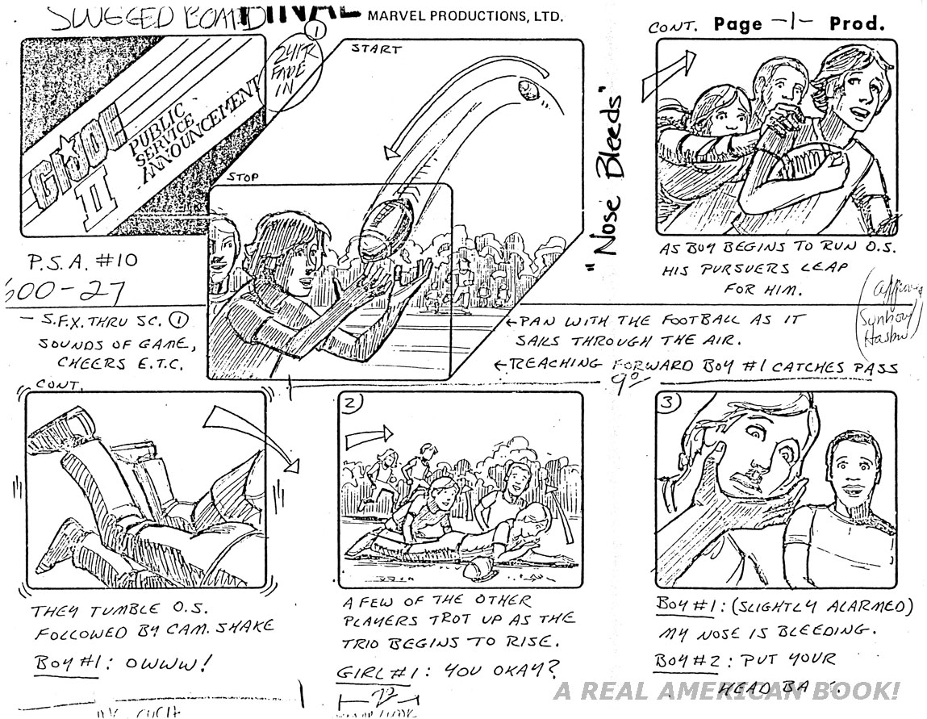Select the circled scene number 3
[x=667, y=404]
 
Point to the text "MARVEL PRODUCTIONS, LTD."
[x=466, y=16]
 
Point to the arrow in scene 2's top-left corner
[x=365, y=440]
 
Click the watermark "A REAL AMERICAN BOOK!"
[x=726, y=692]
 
